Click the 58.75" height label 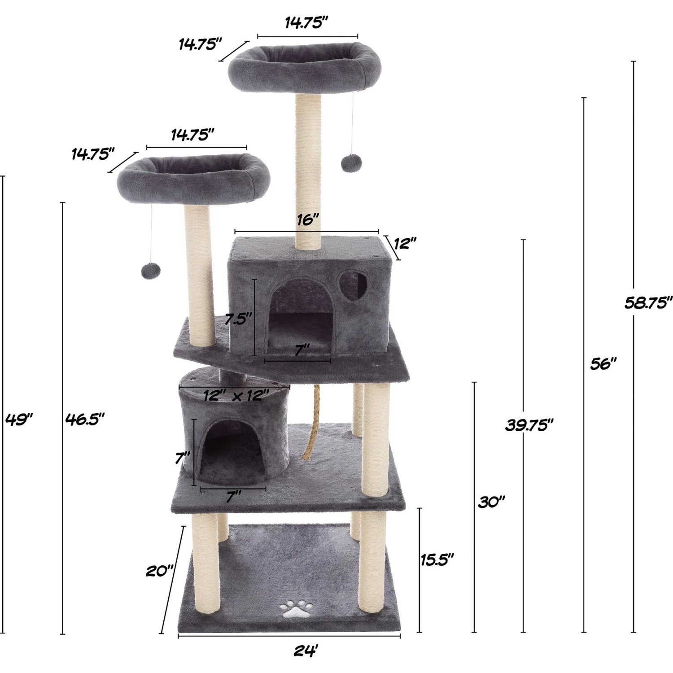click(x=648, y=303)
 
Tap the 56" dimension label click(x=603, y=363)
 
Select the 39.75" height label click(x=529, y=424)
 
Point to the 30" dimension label click(x=491, y=502)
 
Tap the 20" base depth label click(x=159, y=571)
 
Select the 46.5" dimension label click(x=85, y=420)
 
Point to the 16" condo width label click(x=308, y=220)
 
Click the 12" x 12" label click(x=236, y=396)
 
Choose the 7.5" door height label click(x=236, y=319)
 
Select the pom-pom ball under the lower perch click(x=149, y=270)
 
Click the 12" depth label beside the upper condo click(x=405, y=244)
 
